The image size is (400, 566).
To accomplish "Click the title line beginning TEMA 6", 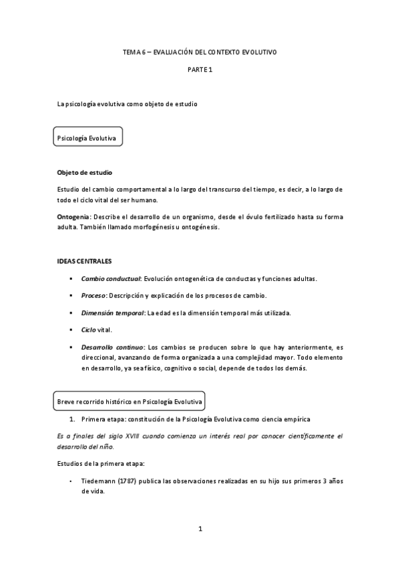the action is (199, 51).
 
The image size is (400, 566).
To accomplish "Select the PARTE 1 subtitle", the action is (199, 69).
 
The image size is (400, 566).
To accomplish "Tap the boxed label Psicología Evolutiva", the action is (87, 138).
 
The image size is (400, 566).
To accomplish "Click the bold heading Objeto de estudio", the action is (85, 172).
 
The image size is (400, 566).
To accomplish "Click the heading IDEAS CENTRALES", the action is (85, 260).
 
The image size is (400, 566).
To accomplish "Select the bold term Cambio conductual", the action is (111, 278).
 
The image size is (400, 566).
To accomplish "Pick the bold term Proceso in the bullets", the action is (94, 295).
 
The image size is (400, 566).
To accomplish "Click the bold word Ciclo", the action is (88, 330).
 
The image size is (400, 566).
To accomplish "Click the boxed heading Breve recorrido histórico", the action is (130, 401).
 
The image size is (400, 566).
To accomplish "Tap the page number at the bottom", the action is (200, 529).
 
